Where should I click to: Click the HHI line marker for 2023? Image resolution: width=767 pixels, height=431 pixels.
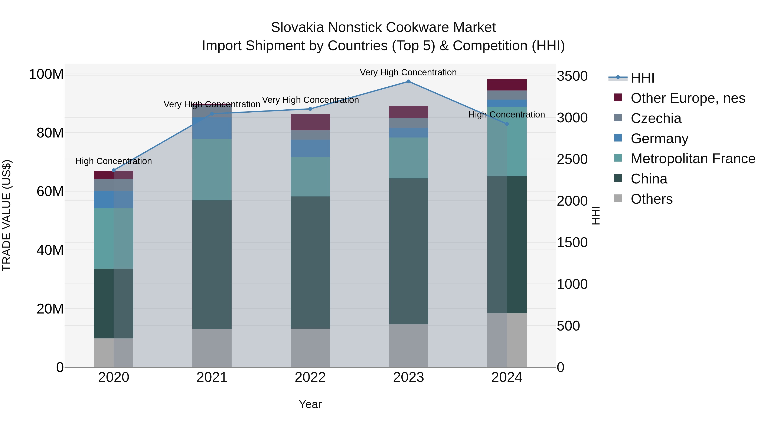(408, 82)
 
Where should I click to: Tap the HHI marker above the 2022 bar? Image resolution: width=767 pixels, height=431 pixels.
(310, 109)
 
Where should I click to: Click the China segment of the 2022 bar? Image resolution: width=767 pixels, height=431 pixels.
(310, 262)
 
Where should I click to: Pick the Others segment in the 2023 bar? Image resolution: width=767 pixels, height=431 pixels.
(408, 346)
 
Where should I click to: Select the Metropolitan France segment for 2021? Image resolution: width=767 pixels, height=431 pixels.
(212, 170)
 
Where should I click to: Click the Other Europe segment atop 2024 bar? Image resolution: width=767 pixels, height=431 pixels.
(507, 85)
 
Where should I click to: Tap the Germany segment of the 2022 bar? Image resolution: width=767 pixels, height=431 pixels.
(310, 148)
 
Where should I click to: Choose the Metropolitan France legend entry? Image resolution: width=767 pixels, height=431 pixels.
(693, 159)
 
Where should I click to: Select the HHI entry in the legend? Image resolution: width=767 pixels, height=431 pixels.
(643, 78)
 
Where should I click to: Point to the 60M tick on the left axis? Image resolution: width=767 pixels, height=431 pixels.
(50, 192)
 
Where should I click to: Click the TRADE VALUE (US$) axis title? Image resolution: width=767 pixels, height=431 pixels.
(7, 215)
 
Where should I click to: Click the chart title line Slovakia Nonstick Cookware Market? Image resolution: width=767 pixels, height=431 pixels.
(383, 28)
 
